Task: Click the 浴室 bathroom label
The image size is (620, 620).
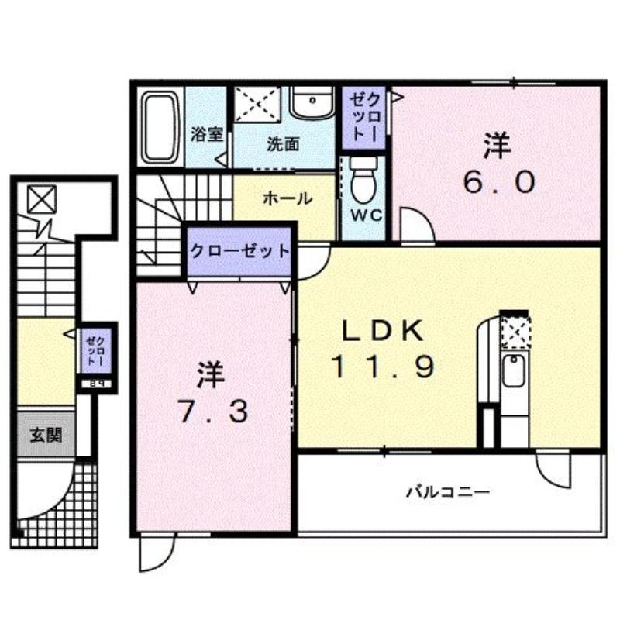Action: (x=207, y=134)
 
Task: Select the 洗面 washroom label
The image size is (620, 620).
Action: (x=284, y=144)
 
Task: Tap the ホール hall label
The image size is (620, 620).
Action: (x=288, y=198)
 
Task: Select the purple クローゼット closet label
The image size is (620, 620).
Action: (x=240, y=251)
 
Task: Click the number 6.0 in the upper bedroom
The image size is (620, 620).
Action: (x=499, y=183)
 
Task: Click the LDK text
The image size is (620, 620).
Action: (x=382, y=332)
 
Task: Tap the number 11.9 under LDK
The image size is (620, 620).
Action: (x=382, y=365)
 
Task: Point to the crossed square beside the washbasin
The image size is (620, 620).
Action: (x=260, y=105)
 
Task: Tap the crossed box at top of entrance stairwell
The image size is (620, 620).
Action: (x=40, y=200)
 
